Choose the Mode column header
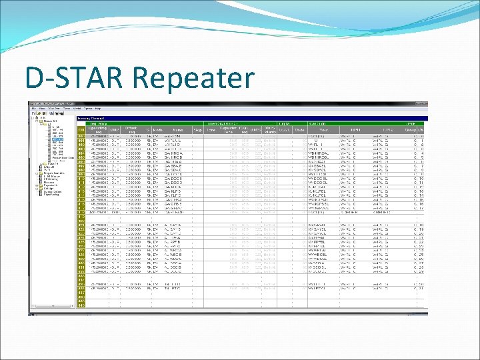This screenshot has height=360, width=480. coord(157,130)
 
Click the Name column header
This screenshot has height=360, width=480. coord(177,130)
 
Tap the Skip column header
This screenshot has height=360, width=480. coord(197,130)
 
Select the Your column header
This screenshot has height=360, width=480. coord(323,130)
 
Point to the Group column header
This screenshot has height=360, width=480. coord(409,130)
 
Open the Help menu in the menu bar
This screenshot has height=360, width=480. coord(98,108)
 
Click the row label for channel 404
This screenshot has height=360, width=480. coord(81,153)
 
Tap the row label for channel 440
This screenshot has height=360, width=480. coord(81,305)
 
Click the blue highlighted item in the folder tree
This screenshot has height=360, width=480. coord(57,140)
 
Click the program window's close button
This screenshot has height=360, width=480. coord(424,103)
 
